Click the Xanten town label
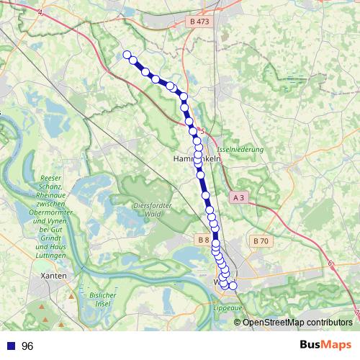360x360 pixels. point(55,276)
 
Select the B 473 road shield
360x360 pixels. point(199,22)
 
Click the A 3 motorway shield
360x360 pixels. point(240,197)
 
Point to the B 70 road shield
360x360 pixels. point(260,240)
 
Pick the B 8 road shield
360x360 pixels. point(202,239)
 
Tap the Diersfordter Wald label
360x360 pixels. point(152,210)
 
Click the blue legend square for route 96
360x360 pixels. point(9,346)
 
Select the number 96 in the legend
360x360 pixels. point(28,346)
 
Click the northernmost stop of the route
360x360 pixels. point(127,55)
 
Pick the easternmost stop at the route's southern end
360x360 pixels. point(233,286)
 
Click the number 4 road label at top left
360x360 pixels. point(40,13)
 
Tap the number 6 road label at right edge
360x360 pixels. point(330,264)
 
